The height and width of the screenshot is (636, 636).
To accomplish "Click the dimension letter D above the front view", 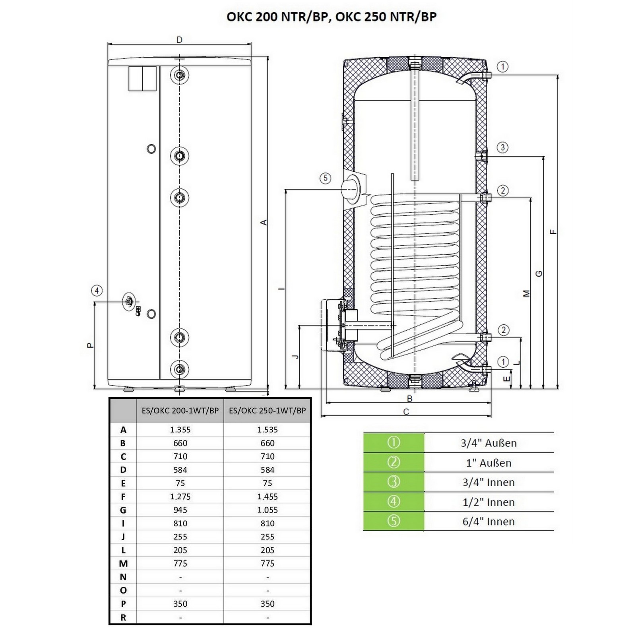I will pyautogui.click(x=179, y=40).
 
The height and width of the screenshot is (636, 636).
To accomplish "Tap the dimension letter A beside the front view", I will pyautogui.click(x=263, y=223).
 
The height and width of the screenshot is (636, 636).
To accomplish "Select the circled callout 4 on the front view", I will pyautogui.click(x=97, y=291).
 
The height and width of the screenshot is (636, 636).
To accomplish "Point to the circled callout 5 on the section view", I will pyautogui.click(x=325, y=178).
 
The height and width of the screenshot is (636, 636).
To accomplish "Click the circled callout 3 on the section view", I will pyautogui.click(x=502, y=147).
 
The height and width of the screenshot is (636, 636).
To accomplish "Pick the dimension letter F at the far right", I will pyautogui.click(x=553, y=232).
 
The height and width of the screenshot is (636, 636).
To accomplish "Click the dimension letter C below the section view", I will pyautogui.click(x=406, y=412).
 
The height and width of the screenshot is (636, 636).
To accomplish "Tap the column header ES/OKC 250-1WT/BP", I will pyautogui.click(x=267, y=411).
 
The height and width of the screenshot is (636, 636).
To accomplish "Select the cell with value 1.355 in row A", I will pyautogui.click(x=180, y=430).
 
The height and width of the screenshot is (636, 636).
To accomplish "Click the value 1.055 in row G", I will pyautogui.click(x=267, y=510).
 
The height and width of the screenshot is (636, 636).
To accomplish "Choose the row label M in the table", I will pyautogui.click(x=123, y=564).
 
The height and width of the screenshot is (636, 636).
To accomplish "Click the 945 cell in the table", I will pyautogui.click(x=180, y=510).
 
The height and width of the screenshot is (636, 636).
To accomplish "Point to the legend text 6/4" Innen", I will pyautogui.click(x=489, y=522).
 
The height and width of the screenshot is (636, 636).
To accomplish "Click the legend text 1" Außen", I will pyautogui.click(x=489, y=463).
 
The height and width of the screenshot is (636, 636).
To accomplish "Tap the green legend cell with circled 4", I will pyautogui.click(x=394, y=502).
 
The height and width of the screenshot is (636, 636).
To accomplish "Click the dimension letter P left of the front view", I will pyautogui.click(x=90, y=345).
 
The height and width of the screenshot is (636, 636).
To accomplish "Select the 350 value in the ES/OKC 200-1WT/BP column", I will pyautogui.click(x=180, y=604).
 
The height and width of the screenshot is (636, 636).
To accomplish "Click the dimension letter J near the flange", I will pyautogui.click(x=295, y=356).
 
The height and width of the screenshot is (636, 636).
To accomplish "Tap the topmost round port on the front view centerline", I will pyautogui.click(x=180, y=75).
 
